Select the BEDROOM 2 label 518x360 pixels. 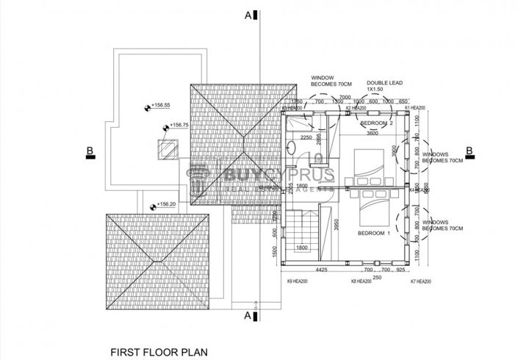tap(378, 123)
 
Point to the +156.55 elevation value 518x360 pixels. tap(161, 105)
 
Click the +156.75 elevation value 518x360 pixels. tap(179, 126)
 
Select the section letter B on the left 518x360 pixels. tap(90, 152)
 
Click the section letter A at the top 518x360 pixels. tap(250, 14)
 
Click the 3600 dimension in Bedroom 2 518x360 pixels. tap(373, 133)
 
